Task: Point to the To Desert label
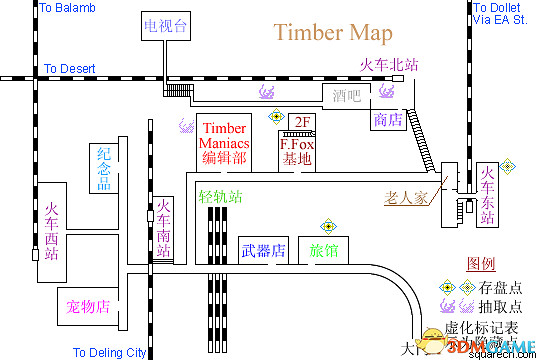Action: (x=69, y=69)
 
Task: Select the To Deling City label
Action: (x=110, y=352)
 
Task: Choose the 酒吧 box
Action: (x=347, y=97)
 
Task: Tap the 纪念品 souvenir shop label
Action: (x=103, y=169)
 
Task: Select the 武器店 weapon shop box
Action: (x=264, y=250)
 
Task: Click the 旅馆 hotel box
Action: (x=322, y=250)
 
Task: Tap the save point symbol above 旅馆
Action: (x=326, y=226)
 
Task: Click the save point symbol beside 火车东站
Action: (x=508, y=165)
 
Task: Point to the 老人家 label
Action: (x=407, y=197)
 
